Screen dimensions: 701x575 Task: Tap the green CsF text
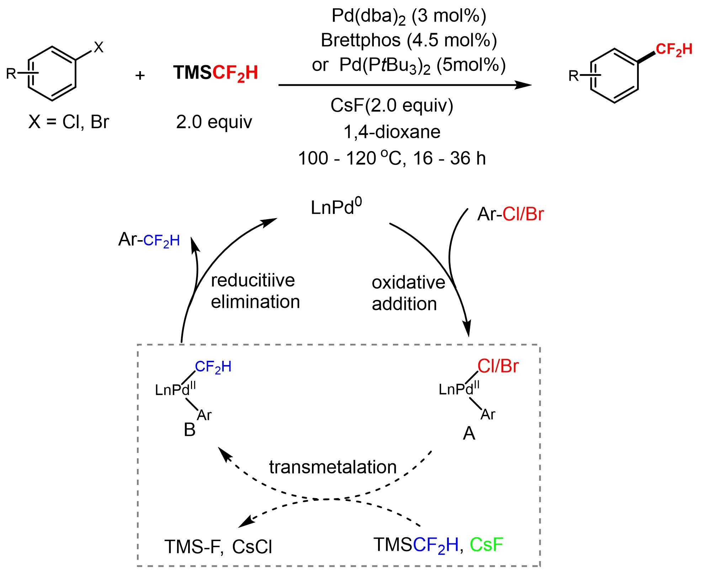tap(486, 545)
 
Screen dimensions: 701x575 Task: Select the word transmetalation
tap(333, 467)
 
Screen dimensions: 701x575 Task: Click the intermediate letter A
tap(469, 433)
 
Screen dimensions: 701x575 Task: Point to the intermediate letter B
tap(190, 430)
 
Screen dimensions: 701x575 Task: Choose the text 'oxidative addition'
tap(408, 293)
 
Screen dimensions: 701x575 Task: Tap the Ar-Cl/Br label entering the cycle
tap(510, 214)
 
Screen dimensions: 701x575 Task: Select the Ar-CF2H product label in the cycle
tap(149, 240)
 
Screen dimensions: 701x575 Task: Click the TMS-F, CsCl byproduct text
tap(218, 547)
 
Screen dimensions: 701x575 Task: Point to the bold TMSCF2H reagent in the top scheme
tap(216, 73)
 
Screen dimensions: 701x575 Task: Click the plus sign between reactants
tap(140, 75)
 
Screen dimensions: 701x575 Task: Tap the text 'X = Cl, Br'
tap(68, 122)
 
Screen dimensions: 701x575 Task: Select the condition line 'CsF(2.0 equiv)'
tap(392, 105)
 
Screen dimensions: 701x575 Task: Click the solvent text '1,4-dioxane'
tap(392, 132)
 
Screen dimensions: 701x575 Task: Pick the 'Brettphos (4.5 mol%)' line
tap(409, 40)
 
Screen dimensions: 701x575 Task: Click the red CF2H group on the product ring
tap(674, 49)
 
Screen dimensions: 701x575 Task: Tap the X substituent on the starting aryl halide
tap(99, 47)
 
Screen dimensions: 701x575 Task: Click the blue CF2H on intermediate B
tap(213, 367)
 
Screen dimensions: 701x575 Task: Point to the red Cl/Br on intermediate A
tap(498, 366)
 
